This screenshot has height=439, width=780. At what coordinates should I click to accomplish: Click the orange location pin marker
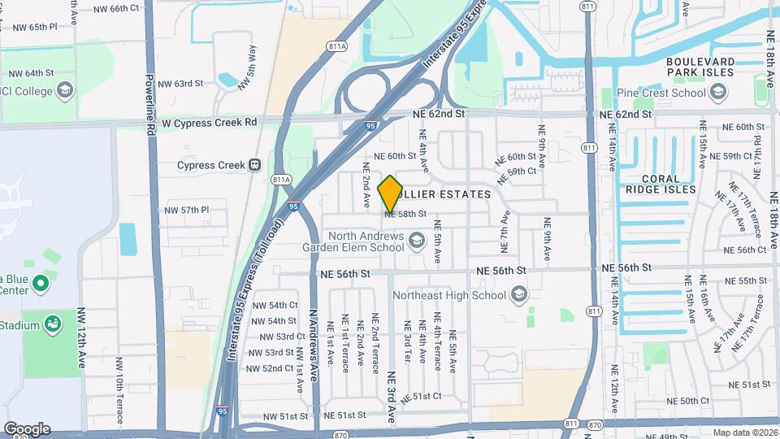pos(390,194)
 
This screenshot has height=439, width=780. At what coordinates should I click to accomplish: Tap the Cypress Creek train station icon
pos(255,165)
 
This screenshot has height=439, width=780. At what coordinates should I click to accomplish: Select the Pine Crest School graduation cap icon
pos(717,93)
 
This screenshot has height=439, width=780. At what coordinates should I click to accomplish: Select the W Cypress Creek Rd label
pos(209,122)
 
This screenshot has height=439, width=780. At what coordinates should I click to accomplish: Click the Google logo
pos(26,428)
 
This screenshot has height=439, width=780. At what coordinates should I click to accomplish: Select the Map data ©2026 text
pos(744,432)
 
